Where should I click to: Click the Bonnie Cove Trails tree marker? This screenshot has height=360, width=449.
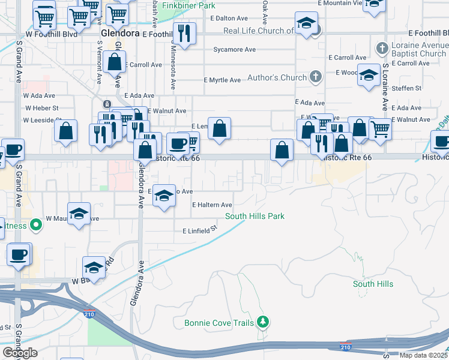(262, 323)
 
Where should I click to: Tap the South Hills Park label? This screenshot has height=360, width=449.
(255, 216)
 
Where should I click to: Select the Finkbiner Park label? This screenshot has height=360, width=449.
(188, 5)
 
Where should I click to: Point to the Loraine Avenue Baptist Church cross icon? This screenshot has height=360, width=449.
(382, 47)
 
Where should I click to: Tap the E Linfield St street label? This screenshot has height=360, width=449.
(199, 230)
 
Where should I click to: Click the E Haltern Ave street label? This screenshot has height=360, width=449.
(212, 205)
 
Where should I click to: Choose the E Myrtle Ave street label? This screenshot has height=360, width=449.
(221, 80)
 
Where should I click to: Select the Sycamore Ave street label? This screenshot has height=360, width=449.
(234, 49)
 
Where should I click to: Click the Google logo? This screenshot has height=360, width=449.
(20, 353)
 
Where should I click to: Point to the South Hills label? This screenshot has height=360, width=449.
(373, 284)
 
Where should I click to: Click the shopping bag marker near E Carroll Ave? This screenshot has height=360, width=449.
(114, 62)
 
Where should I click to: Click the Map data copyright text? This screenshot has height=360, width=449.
(421, 355)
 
